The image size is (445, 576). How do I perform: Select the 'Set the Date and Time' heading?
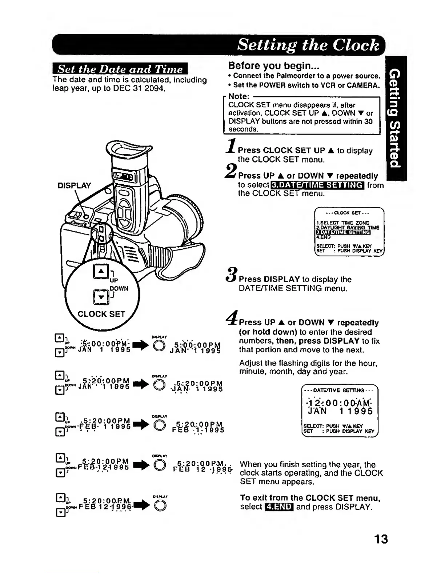pyautogui.click(x=120, y=69)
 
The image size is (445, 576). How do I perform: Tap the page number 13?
pyautogui.click(x=381, y=539)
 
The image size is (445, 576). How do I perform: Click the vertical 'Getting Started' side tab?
pyautogui.click(x=396, y=118)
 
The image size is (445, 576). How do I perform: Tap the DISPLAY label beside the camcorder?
pyautogui.click(x=74, y=185)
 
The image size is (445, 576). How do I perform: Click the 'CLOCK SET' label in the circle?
pyautogui.click(x=101, y=314)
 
